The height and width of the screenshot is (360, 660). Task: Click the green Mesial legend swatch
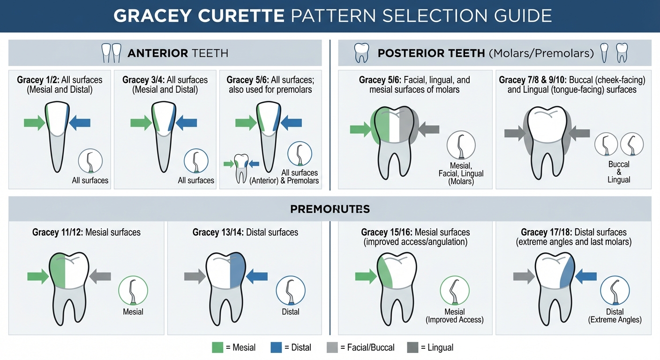point(217,347)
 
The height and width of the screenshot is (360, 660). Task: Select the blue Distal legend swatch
point(276,347)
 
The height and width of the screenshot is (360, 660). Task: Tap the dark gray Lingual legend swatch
point(412,347)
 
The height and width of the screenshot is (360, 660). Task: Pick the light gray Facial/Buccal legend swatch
point(332,347)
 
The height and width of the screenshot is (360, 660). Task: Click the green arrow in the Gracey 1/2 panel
point(35,122)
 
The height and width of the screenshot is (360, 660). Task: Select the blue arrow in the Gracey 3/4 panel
point(186,122)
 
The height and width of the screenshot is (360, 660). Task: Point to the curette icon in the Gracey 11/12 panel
point(133,291)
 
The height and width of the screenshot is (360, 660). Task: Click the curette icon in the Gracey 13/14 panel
point(291,291)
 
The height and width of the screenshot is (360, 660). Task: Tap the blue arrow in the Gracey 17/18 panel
point(586,277)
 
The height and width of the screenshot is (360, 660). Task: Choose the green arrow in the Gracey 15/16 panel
point(366,277)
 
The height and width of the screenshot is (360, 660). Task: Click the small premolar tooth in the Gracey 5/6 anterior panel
point(241,168)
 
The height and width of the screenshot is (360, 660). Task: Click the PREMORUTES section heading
point(330,209)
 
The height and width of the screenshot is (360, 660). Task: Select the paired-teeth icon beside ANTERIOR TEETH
point(112,53)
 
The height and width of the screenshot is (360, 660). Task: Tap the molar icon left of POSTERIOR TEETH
point(361,52)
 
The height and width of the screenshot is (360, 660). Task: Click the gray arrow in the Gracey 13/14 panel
point(195,277)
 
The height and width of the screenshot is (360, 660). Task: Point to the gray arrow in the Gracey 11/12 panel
point(100,277)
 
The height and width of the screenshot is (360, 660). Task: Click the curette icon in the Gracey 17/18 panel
point(615,291)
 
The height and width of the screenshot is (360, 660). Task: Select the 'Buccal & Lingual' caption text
point(619,172)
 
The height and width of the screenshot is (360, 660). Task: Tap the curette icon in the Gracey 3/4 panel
point(196,161)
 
